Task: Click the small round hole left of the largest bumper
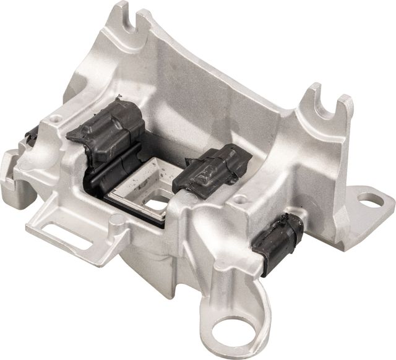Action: tap(57, 116)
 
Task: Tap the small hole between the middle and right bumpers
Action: tap(242, 199)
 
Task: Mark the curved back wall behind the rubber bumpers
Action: tap(204, 93)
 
